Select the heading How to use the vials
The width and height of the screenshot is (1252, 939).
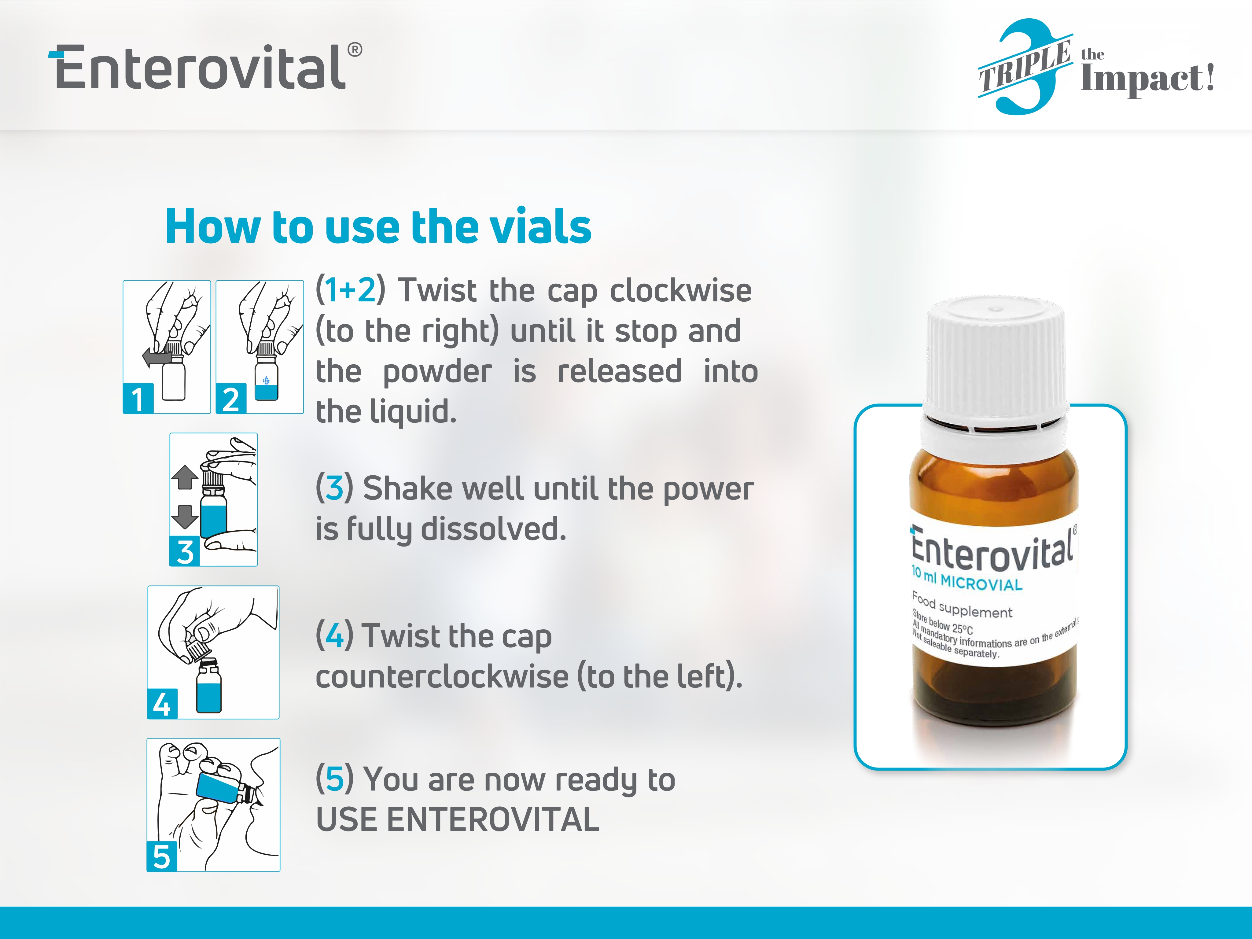378,226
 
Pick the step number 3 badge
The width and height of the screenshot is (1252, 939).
185,551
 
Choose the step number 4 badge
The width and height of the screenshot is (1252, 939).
162,704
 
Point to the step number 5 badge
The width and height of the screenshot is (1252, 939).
162,856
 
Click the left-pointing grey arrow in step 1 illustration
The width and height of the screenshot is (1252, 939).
156,358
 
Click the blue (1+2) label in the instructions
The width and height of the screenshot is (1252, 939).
351,290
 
